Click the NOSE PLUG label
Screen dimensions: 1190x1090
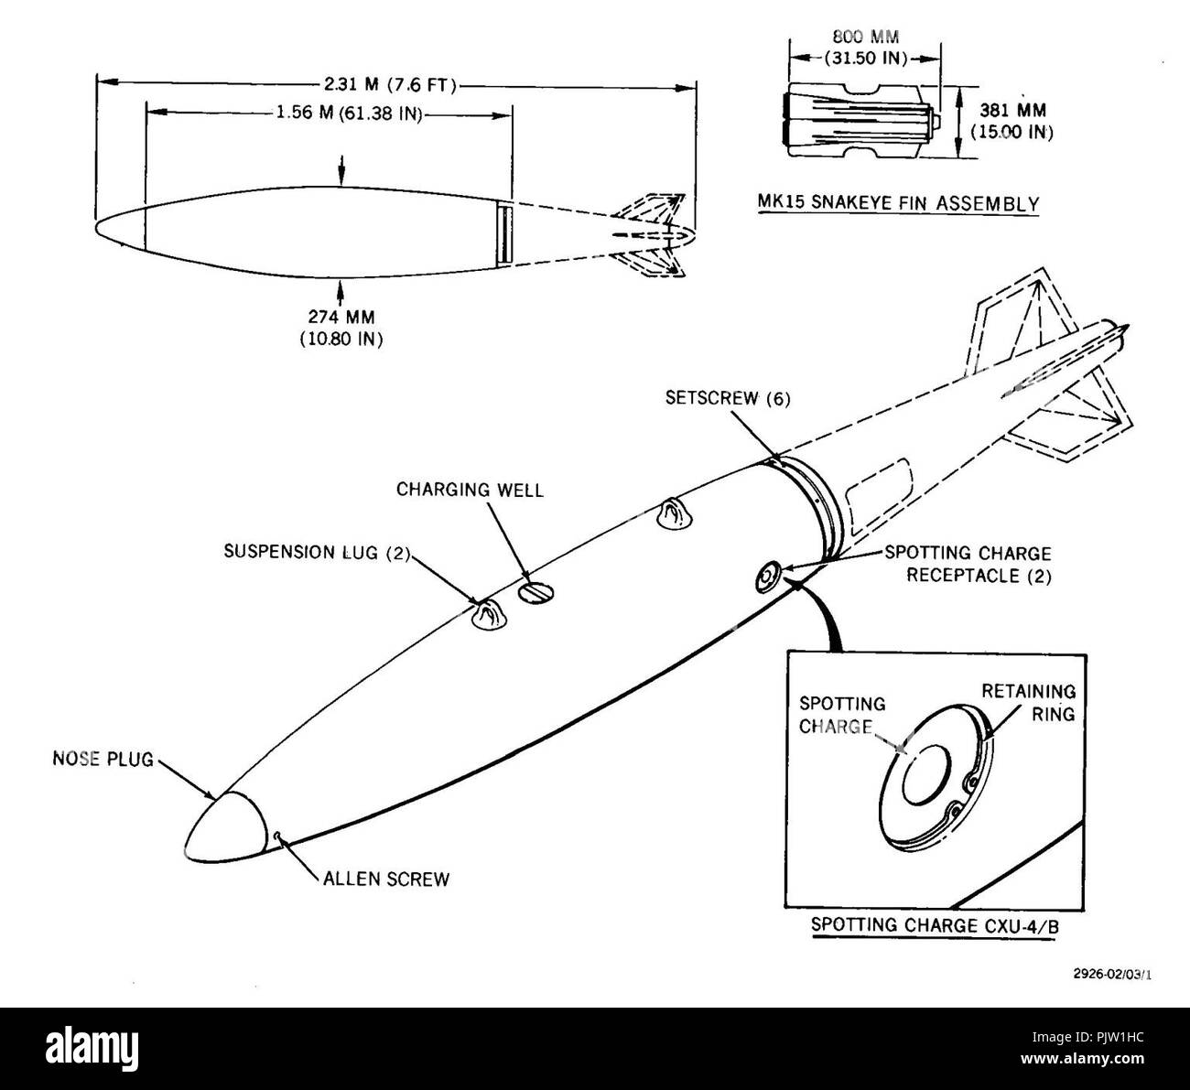(103, 759)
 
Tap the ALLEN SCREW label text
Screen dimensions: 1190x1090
(386, 879)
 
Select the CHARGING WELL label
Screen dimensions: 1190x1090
(470, 490)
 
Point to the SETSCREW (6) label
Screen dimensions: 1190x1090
(728, 398)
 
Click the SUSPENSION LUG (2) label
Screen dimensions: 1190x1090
(318, 552)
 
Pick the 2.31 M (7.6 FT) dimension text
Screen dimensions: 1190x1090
(390, 85)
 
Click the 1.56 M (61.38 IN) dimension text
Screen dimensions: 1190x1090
(350, 113)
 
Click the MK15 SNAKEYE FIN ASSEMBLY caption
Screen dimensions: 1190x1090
(898, 203)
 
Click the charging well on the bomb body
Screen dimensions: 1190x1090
(535, 592)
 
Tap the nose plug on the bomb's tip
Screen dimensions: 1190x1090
(223, 827)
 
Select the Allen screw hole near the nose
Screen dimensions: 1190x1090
(277, 836)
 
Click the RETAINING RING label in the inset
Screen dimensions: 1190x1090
(1028, 703)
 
